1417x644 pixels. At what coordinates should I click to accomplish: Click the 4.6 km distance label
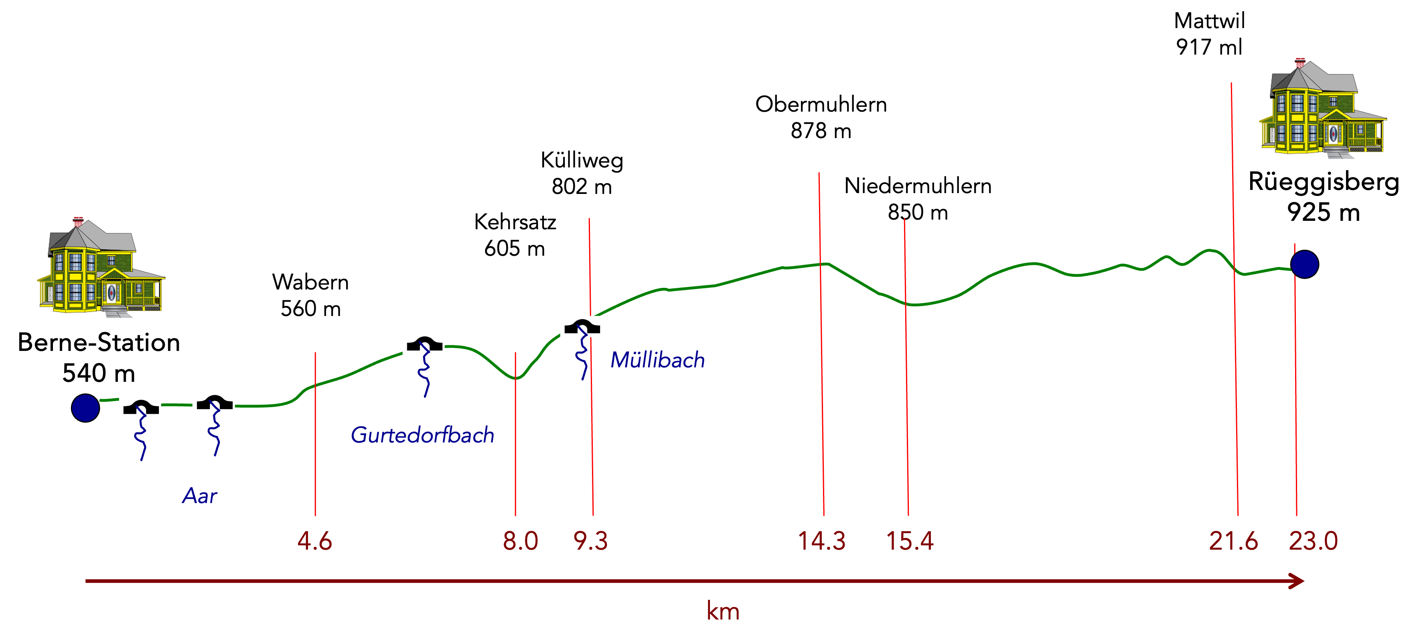click(x=315, y=541)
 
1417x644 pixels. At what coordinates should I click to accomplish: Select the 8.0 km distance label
click(x=520, y=541)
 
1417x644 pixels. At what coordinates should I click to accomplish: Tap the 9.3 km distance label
click(x=590, y=541)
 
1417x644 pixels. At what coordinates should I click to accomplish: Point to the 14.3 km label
click(x=821, y=541)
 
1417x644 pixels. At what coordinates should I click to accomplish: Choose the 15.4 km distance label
click(x=909, y=541)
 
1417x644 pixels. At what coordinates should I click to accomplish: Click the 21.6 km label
click(x=1233, y=541)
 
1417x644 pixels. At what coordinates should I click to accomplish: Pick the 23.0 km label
click(x=1313, y=541)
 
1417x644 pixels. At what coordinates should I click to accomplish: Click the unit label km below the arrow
click(x=723, y=611)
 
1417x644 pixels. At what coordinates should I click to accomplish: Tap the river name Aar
click(x=200, y=496)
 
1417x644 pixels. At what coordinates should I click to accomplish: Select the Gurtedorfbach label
click(x=422, y=435)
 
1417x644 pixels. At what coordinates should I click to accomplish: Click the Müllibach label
click(x=657, y=360)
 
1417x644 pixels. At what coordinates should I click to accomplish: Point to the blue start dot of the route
click(x=85, y=408)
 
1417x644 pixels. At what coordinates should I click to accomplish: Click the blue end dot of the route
click(x=1304, y=264)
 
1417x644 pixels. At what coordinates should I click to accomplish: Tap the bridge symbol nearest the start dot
click(x=140, y=407)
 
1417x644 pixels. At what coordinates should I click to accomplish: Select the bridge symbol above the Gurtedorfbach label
click(x=423, y=343)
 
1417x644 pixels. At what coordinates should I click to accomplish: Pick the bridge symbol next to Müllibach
click(x=581, y=326)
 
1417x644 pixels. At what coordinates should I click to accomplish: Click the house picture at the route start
click(x=99, y=261)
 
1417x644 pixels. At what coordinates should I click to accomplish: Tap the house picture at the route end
click(x=1321, y=103)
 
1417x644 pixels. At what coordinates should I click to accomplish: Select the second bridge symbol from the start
click(x=213, y=402)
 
